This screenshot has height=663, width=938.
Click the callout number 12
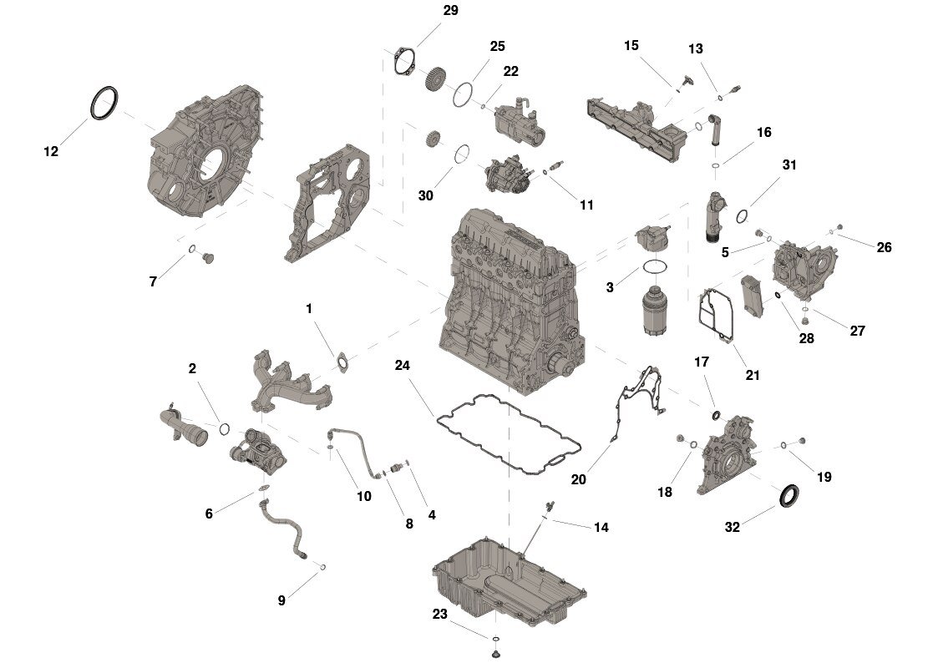(x=51, y=151)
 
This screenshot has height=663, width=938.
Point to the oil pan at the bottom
(x=509, y=583)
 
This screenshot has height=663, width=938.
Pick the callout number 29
(x=450, y=10)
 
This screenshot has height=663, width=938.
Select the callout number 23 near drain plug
(x=439, y=614)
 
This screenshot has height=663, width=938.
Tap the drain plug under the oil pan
(x=495, y=654)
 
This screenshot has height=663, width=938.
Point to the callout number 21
(x=752, y=375)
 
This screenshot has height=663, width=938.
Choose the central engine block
(x=512, y=301)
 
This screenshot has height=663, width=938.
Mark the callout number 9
(x=281, y=600)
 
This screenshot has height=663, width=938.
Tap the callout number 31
(x=789, y=164)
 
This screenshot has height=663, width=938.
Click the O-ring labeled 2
(x=225, y=428)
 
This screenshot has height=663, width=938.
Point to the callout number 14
(x=601, y=527)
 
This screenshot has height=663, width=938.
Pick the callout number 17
(x=701, y=362)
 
